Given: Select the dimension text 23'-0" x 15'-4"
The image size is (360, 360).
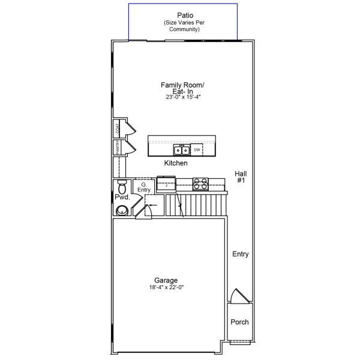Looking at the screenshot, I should click(x=184, y=97).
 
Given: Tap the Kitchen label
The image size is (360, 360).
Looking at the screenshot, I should click(x=176, y=163).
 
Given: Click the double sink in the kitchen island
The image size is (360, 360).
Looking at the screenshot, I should click(x=181, y=150).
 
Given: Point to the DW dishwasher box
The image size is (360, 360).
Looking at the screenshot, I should click(x=197, y=149).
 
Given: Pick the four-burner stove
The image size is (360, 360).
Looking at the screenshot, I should click(x=200, y=184).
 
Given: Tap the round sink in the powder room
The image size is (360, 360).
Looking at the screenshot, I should click(x=122, y=210).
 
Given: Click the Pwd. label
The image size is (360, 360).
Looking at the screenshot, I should click(x=122, y=197).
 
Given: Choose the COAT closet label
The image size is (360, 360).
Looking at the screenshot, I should click(x=118, y=128).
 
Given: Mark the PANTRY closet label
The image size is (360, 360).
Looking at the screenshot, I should click(x=118, y=148).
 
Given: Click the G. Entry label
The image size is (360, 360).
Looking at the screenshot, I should click(x=144, y=187).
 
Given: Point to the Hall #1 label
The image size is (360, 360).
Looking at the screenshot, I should click(x=240, y=176).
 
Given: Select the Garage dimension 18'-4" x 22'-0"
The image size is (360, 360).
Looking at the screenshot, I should click(x=166, y=287).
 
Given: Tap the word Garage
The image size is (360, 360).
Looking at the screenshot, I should click(x=166, y=280).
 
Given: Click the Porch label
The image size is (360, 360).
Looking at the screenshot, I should click(x=239, y=322).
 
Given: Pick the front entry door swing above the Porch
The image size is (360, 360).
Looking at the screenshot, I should click(x=239, y=296).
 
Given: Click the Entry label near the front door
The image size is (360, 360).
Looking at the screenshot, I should click(x=240, y=254).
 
